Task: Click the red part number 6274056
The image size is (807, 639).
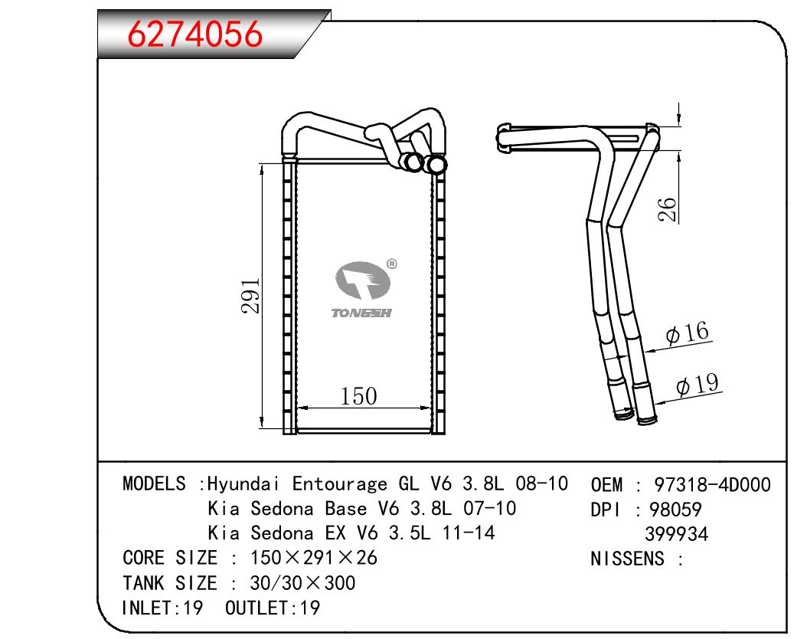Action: [x=194, y=35]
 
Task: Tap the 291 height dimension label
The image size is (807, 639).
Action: [x=250, y=296]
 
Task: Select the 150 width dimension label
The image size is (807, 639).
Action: [x=359, y=396]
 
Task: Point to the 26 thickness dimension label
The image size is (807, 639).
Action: [x=667, y=209]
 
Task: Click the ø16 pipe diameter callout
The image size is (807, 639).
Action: [x=688, y=333]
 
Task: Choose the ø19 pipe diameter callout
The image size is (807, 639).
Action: [x=698, y=384]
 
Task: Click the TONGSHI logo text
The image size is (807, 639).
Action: [x=361, y=313]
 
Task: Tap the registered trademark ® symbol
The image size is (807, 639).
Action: [x=392, y=264]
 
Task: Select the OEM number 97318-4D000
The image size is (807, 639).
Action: [x=712, y=484]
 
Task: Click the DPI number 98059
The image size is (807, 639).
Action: [x=675, y=510]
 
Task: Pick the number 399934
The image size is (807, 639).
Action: [x=676, y=534]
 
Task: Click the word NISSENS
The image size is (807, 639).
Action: [x=627, y=559]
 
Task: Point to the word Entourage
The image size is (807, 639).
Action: [x=340, y=484]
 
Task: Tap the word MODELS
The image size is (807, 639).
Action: [x=154, y=483]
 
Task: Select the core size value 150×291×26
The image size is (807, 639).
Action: [x=313, y=558]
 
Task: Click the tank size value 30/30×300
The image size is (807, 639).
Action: [x=302, y=583]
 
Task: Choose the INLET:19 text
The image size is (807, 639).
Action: [x=162, y=608]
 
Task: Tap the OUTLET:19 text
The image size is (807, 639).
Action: [x=273, y=608]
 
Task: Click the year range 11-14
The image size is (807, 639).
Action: [x=469, y=532]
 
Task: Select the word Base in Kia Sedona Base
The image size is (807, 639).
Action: [x=346, y=508]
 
